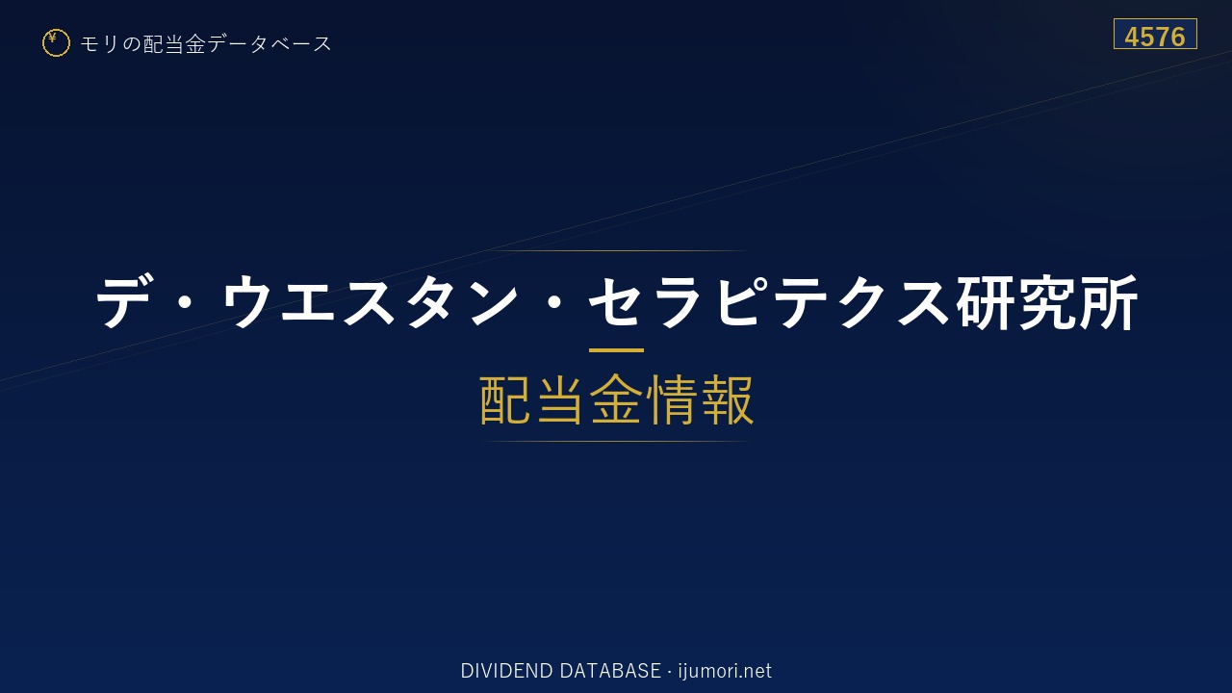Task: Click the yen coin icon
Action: [56, 43]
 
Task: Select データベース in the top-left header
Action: [269, 44]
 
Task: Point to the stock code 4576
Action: [1155, 37]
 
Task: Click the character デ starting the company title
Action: [122, 302]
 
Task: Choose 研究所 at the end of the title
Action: [1046, 302]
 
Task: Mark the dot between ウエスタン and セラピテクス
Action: [553, 302]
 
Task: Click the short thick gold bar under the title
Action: [616, 349]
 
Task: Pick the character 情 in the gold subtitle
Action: [671, 399]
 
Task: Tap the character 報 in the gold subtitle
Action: [726, 399]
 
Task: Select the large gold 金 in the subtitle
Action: [616, 399]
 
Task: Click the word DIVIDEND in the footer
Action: [506, 671]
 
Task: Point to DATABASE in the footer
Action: [610, 671]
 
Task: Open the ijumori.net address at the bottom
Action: [725, 671]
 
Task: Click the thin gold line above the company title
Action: [616, 251]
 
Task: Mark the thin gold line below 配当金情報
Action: [616, 441]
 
